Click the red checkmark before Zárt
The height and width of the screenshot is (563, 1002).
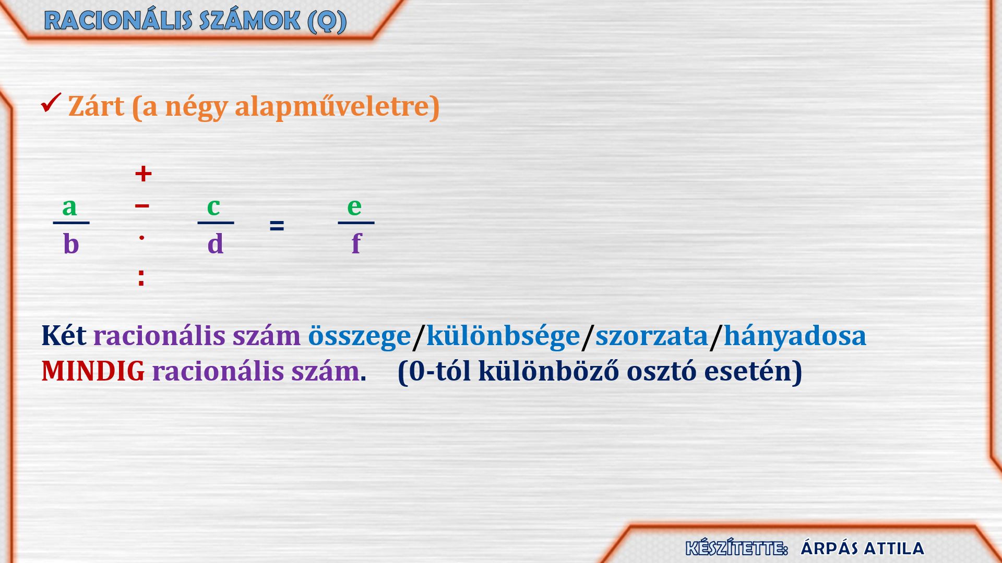pos(51,103)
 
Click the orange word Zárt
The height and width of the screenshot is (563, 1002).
pos(96,106)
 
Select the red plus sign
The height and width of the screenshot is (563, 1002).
pos(143,174)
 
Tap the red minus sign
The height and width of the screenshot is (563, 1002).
pos(142,206)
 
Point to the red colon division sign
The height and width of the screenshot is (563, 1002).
pos(141,278)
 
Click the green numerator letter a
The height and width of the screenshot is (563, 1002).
pos(69,207)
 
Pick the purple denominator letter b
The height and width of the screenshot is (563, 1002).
pos(71,243)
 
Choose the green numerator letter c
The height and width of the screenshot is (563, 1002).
pos(213,207)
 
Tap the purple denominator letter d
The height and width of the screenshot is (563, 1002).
pos(216,243)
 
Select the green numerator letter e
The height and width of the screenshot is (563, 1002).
pos(354,207)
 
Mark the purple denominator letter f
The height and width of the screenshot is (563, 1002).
pos(356,243)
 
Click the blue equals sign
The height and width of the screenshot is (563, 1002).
pos(277,226)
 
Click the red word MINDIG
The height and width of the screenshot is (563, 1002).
pos(93,372)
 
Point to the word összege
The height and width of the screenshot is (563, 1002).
pos(360,336)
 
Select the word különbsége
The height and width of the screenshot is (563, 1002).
pos(503,336)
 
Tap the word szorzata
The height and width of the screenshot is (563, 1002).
pos(652,336)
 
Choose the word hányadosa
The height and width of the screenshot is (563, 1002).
pos(795,336)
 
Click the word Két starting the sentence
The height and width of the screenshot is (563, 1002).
pos(64,336)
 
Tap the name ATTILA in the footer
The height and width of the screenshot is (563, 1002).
pos(893,548)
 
